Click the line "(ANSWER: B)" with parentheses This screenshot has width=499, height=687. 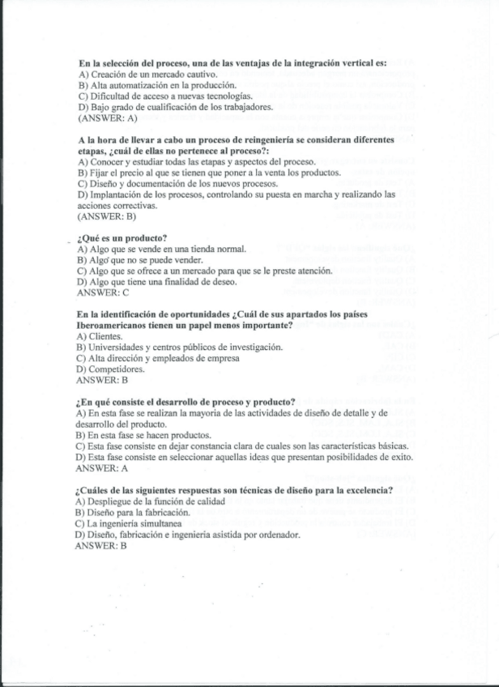pos(106,216)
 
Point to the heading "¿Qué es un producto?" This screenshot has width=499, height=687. pos(121,237)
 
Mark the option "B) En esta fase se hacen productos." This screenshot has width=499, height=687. pos(143,434)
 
